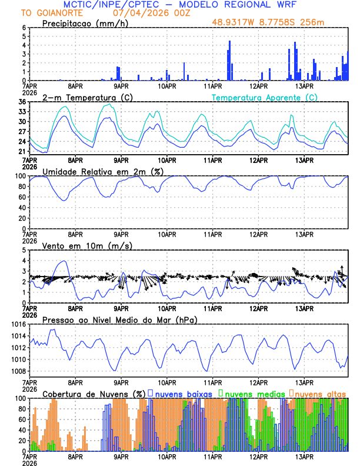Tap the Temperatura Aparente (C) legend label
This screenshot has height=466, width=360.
click(x=265, y=97)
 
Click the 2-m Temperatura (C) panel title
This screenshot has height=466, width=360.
click(x=86, y=97)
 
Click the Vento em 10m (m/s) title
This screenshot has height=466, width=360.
click(x=83, y=245)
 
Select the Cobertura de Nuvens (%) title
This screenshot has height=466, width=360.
click(x=94, y=394)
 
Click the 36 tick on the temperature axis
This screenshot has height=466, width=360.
click(x=22, y=102)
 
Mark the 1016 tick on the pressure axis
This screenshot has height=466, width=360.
click(x=19, y=324)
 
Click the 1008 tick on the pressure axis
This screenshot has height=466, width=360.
click(x=19, y=371)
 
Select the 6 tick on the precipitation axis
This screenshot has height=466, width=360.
click(x=24, y=28)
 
